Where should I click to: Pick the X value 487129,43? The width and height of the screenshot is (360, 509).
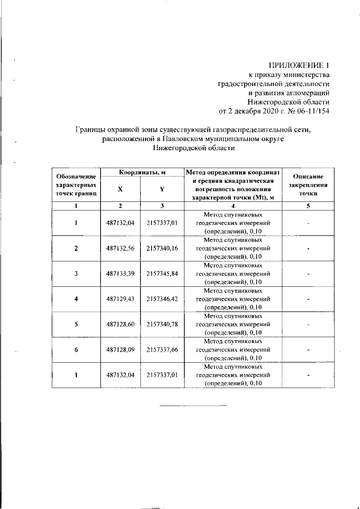[x=120, y=299]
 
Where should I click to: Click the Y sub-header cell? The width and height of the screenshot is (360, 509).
[x=162, y=190]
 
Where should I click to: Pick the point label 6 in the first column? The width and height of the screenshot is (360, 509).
[x=76, y=350]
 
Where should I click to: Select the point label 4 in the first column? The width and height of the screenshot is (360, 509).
[x=76, y=299]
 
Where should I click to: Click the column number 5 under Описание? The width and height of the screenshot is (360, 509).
[x=308, y=206]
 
